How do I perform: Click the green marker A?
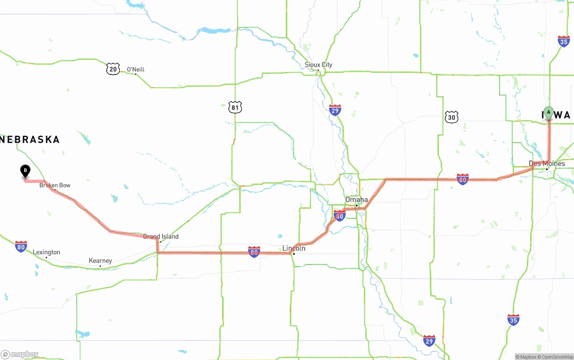pos(548,112)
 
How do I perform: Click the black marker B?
pos(26,171)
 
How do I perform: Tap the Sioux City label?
pos(318,65)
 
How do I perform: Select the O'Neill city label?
pos(135,69)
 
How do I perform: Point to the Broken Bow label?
pos(55,185)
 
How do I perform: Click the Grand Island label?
pos(161,236)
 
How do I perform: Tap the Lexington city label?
pos(46,252)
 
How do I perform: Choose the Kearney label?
pos(100,260)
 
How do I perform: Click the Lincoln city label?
pos(294,248)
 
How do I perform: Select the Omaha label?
pos(357,200)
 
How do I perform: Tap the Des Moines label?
pos(547,164)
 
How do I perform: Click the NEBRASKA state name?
pos(30,139)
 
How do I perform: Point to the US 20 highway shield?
pos(113,69)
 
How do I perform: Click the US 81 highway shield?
pos(235,107)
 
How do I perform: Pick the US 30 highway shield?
pos(452,117)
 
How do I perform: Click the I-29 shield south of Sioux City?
pos(335,110)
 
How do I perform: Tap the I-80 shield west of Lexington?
pos(21,246)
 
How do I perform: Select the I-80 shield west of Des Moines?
pos(463,179)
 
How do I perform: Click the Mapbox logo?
pos(20,355)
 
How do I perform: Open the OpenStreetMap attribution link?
pos(557,357)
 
